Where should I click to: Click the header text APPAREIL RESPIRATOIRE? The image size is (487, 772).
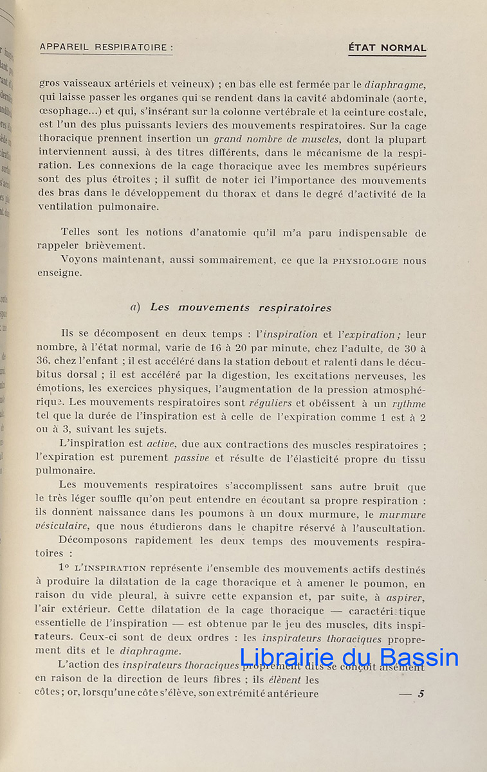[x=106, y=47]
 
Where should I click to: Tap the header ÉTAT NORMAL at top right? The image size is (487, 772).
[x=387, y=48]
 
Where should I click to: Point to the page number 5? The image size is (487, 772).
[x=421, y=694]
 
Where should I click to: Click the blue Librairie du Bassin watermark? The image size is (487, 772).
[x=349, y=657]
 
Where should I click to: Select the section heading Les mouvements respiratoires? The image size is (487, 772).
[x=241, y=308]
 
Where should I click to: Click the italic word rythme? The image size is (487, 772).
[x=410, y=404]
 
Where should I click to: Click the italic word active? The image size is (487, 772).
[x=161, y=445]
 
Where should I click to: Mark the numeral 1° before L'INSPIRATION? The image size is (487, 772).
[x=63, y=569]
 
